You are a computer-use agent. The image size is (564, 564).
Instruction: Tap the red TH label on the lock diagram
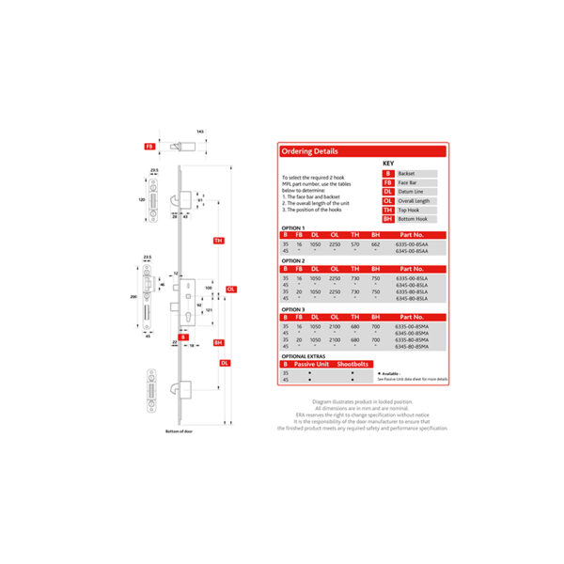[218, 241]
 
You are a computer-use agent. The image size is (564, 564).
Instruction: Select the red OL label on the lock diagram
[229, 289]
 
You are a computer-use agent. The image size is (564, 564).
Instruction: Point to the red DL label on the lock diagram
[225, 362]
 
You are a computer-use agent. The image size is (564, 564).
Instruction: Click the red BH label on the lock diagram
[218, 343]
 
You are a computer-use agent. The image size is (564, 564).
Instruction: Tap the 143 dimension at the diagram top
[200, 131]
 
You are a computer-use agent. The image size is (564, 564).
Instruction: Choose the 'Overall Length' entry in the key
[414, 199]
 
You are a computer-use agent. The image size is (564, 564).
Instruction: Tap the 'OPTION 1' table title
[293, 227]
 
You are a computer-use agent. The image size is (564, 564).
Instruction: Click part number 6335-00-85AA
[415, 243]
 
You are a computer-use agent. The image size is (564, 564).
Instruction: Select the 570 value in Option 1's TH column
[355, 243]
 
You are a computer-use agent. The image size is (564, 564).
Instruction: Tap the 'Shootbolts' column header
[352, 364]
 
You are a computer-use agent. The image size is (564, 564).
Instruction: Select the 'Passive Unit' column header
[311, 364]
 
